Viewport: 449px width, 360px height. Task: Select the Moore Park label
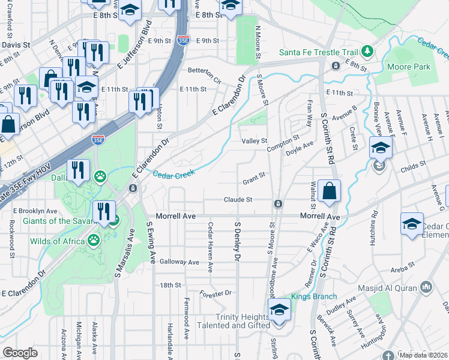(409, 67)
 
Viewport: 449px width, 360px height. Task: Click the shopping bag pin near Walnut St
(329, 192)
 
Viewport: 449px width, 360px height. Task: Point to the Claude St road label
(237, 199)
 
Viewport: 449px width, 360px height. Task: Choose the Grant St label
(254, 181)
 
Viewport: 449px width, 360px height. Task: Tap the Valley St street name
(254, 141)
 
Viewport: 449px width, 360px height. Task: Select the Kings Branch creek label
(314, 296)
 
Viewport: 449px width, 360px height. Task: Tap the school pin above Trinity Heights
(279, 311)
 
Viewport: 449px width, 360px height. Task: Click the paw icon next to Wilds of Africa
(94, 241)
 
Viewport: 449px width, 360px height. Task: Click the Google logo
(20, 353)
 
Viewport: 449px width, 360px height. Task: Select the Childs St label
(414, 163)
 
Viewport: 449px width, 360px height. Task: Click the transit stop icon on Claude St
(279, 204)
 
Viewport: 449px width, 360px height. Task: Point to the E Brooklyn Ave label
(38, 211)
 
